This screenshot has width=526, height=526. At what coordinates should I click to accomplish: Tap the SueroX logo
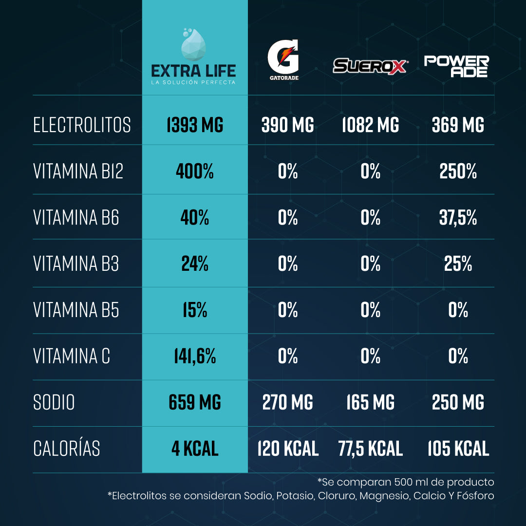coord(370,65)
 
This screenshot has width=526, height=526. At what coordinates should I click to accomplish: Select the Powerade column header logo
coord(456,66)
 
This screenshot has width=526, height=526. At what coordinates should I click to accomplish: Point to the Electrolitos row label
coord(82,125)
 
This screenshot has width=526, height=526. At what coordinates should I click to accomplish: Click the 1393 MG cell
coord(195,125)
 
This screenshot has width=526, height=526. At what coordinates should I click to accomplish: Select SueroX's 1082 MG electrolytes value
coord(370,125)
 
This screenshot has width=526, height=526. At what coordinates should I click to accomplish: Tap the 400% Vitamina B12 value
coord(195,171)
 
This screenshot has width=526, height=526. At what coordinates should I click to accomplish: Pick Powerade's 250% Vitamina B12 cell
coord(458,171)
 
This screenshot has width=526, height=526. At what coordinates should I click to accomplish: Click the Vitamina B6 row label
coord(76,218)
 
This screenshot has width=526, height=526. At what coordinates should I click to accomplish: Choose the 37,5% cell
coord(458,218)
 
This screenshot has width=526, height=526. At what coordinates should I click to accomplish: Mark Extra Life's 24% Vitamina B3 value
coord(195,264)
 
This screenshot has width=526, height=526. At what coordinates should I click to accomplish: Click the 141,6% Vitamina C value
coord(195,357)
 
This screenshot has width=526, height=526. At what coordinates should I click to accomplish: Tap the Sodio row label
coord(54,403)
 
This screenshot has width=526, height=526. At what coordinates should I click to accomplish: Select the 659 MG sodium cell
coord(195,403)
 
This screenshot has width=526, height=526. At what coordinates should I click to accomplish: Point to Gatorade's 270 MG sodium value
coord(287,403)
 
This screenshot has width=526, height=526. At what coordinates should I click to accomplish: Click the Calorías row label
coord(67,449)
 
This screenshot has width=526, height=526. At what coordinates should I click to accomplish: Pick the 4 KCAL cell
coord(195,449)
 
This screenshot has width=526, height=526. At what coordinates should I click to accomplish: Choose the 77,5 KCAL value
coord(370,449)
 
